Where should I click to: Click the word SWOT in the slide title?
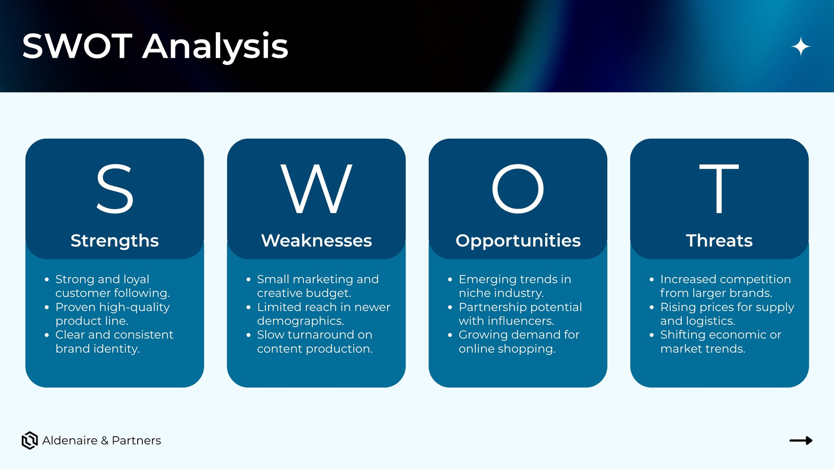point(78,46)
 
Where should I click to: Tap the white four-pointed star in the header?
point(801,46)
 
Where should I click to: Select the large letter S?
point(115,189)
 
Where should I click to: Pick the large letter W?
point(316,189)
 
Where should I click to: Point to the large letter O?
point(518,189)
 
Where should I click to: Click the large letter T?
point(719,189)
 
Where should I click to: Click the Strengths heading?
point(115,241)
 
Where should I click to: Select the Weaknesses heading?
point(316,240)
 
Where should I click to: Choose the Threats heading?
point(719,240)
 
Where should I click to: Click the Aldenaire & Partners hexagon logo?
point(30,441)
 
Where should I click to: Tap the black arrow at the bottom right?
point(801,441)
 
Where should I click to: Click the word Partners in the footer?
point(136,441)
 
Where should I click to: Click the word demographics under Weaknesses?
point(300,321)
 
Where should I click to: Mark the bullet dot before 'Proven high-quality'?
point(46,307)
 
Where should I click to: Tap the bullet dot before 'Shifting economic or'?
point(652,335)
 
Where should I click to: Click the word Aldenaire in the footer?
point(70,441)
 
